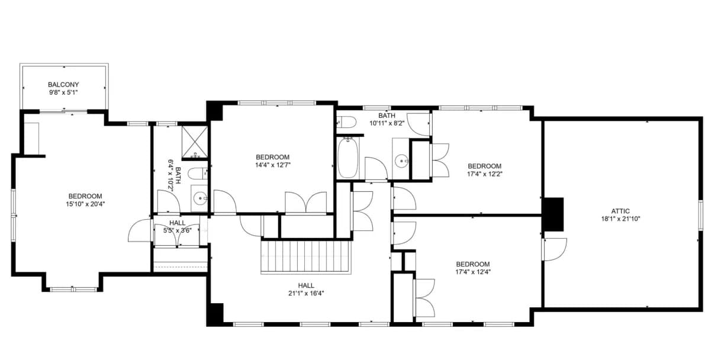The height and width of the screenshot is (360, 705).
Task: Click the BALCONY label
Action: point(63,85)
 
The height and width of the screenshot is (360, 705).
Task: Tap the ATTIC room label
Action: point(620,211)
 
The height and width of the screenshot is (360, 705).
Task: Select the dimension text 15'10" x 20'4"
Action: point(85,204)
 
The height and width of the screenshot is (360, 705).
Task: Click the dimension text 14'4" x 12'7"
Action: point(272,165)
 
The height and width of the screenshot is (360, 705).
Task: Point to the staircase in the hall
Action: point(305,256)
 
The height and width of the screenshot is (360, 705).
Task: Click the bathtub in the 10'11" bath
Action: point(348,158)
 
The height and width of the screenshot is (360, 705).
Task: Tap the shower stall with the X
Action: point(195,142)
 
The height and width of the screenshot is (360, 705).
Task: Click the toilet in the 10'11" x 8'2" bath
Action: point(346,121)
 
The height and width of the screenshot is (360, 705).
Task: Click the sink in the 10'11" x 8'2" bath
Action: point(401,159)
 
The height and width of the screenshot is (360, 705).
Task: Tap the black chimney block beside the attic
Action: point(553,214)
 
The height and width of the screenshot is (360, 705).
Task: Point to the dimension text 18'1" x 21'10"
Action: point(620,218)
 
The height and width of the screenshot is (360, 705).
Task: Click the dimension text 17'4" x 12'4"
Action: point(472,272)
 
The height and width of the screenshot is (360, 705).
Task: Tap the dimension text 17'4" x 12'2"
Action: point(484,173)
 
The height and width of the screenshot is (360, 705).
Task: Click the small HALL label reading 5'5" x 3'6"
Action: point(178,227)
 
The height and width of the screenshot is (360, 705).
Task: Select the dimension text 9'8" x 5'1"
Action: point(63,92)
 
